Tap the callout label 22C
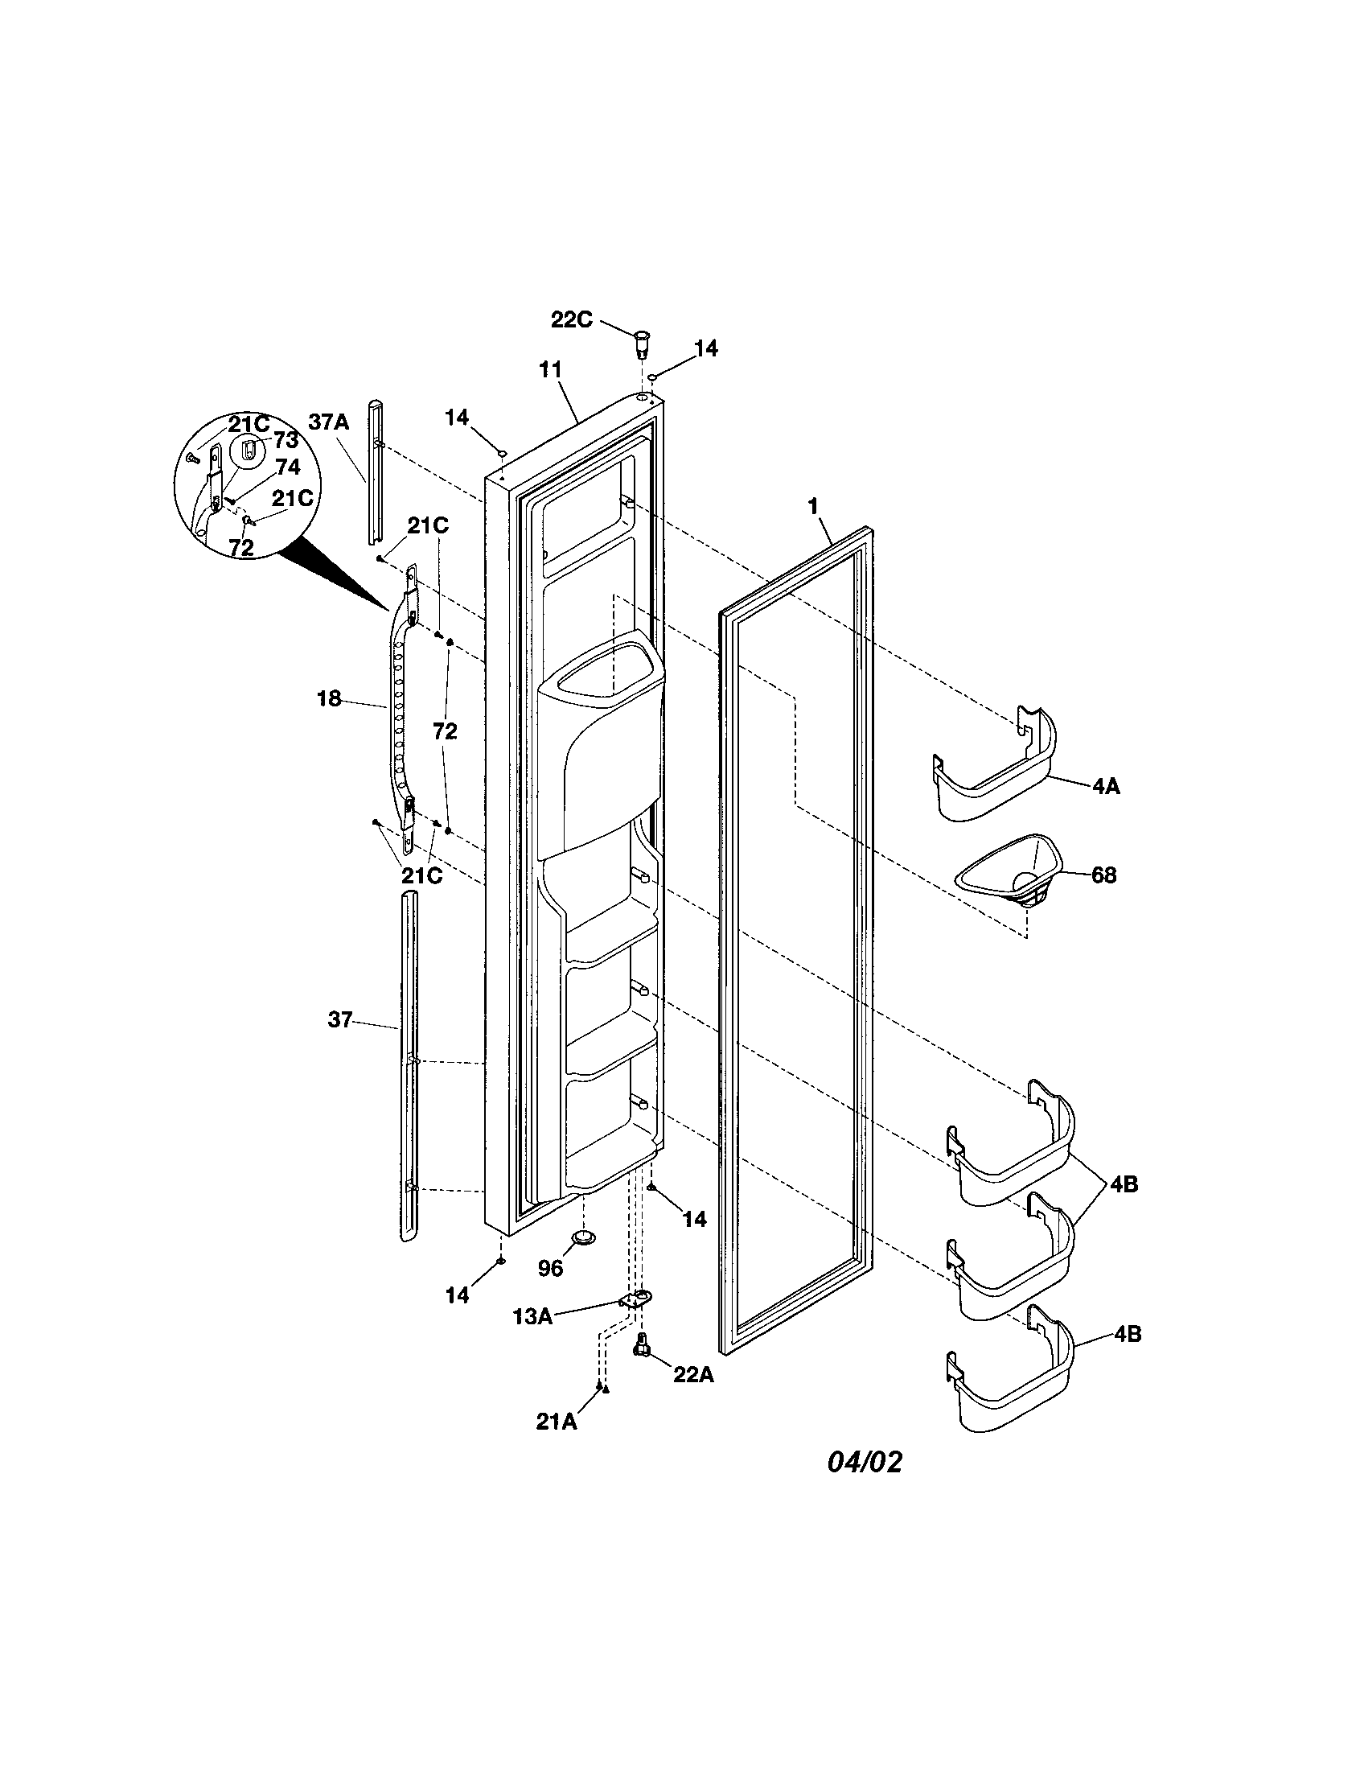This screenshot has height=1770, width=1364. pyautogui.click(x=572, y=319)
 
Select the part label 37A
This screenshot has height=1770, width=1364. pyautogui.click(x=328, y=422)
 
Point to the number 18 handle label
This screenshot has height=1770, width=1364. pyautogui.click(x=329, y=698)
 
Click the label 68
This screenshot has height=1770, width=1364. pyautogui.click(x=1104, y=875)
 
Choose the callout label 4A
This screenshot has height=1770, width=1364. pyautogui.click(x=1107, y=785)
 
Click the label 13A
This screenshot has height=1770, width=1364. pyautogui.click(x=533, y=1317)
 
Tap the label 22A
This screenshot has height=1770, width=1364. pyautogui.click(x=693, y=1374)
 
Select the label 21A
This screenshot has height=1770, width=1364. pyautogui.click(x=557, y=1422)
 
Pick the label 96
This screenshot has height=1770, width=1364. pyautogui.click(x=550, y=1268)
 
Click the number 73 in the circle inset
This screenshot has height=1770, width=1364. pyautogui.click(x=286, y=440)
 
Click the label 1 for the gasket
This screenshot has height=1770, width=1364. pyautogui.click(x=813, y=507)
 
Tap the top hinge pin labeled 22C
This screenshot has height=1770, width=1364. pyautogui.click(x=643, y=343)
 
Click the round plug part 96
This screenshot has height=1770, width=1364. pyautogui.click(x=583, y=1237)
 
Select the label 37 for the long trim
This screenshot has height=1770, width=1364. pyautogui.click(x=340, y=1019)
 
